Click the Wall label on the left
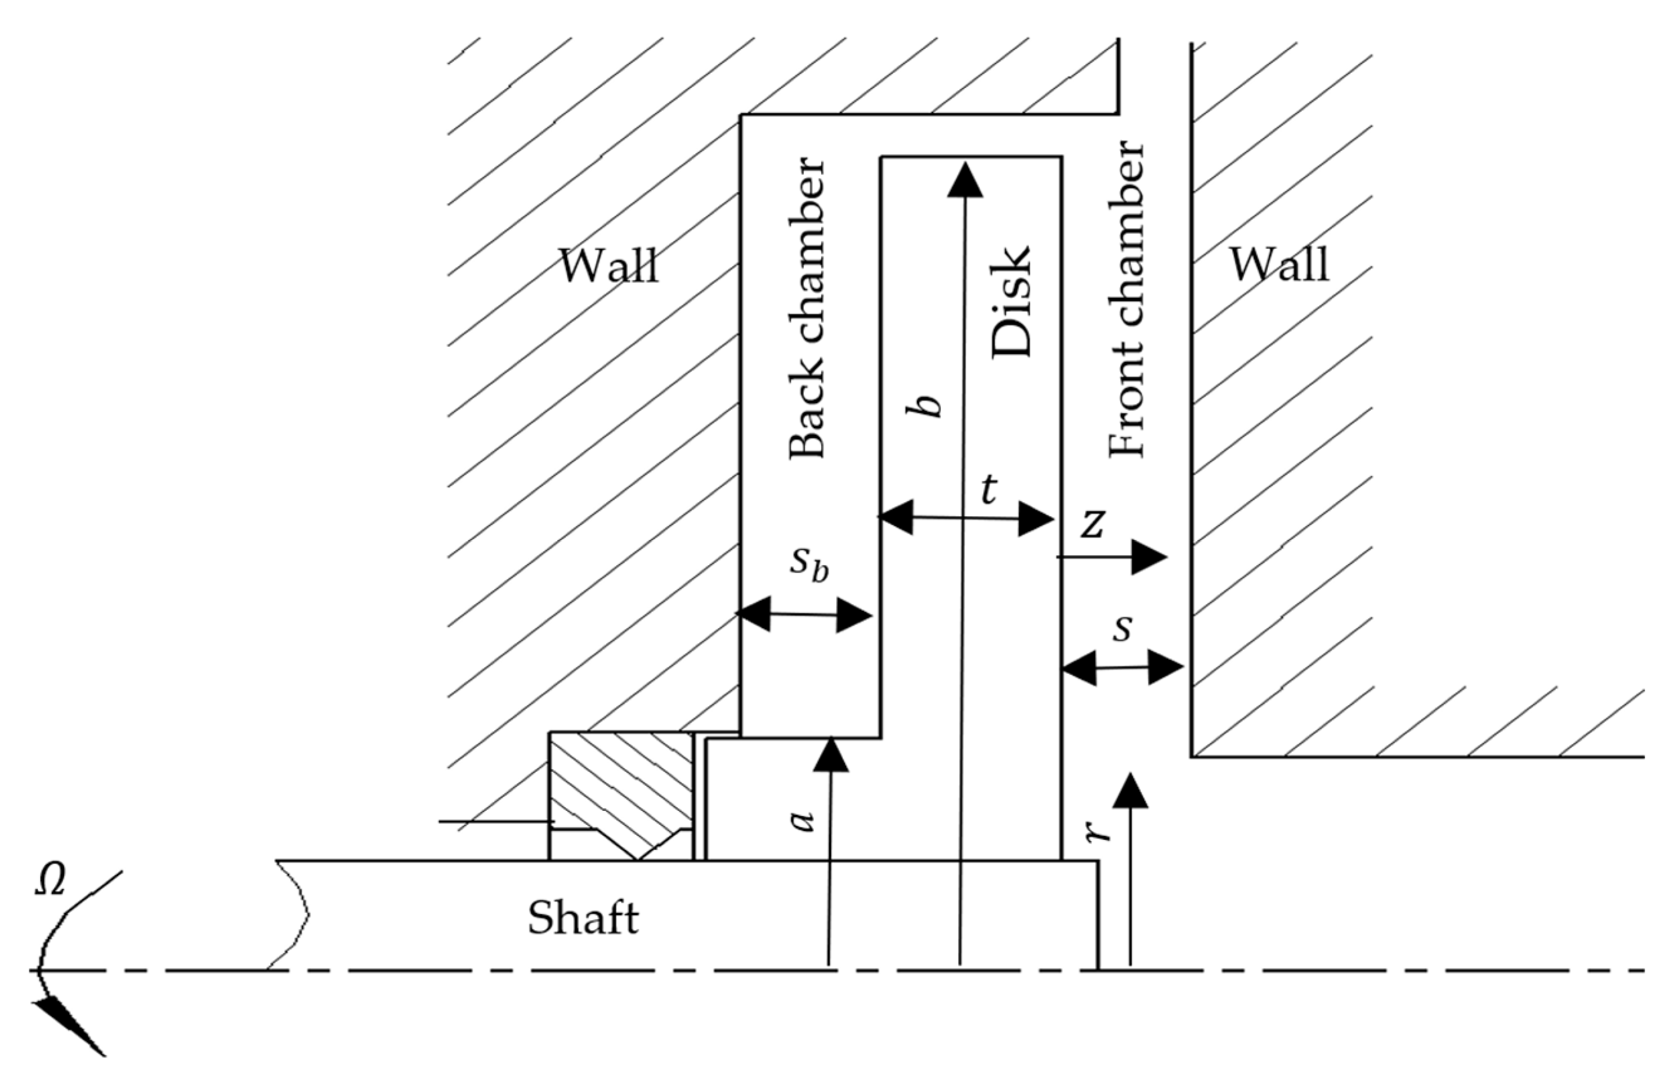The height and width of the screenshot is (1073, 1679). click(608, 267)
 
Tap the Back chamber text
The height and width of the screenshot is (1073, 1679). click(806, 309)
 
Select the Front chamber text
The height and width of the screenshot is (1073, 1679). click(1126, 300)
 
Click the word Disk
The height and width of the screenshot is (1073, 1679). click(1010, 302)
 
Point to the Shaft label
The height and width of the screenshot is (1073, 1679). click(582, 918)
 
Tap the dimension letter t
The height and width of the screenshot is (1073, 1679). click(989, 490)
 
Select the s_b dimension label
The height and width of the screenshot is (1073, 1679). click(809, 562)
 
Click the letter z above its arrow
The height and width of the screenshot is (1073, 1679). click(1092, 525)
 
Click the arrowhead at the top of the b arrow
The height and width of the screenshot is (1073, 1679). click(965, 180)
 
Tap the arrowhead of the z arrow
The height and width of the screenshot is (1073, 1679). click(1148, 557)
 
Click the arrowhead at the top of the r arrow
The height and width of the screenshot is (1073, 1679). click(1130, 791)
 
